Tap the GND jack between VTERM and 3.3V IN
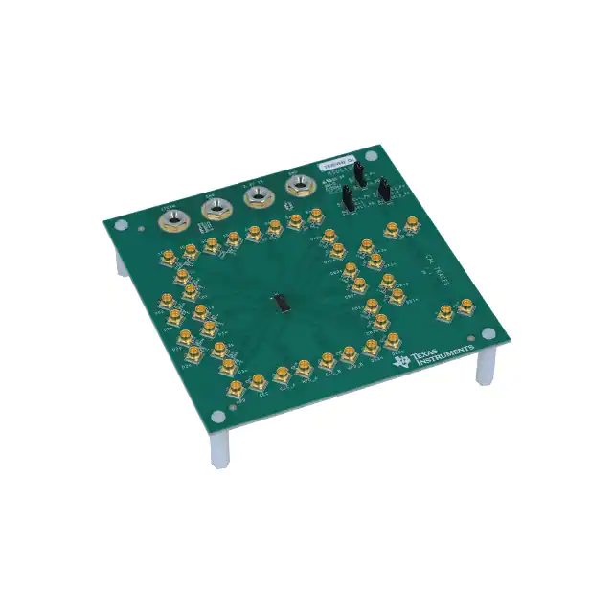tap(214, 208)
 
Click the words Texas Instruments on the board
tap(443, 358)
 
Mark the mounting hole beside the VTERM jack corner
tap(121, 226)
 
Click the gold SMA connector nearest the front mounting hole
tap(233, 389)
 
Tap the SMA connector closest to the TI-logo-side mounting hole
tap(467, 307)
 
